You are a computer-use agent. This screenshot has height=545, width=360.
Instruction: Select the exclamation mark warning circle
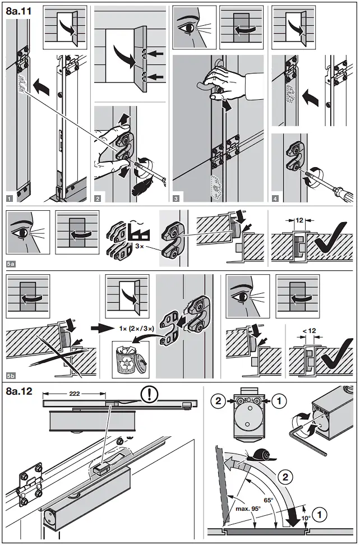(149, 393)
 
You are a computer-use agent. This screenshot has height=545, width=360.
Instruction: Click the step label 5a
(11, 261)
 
